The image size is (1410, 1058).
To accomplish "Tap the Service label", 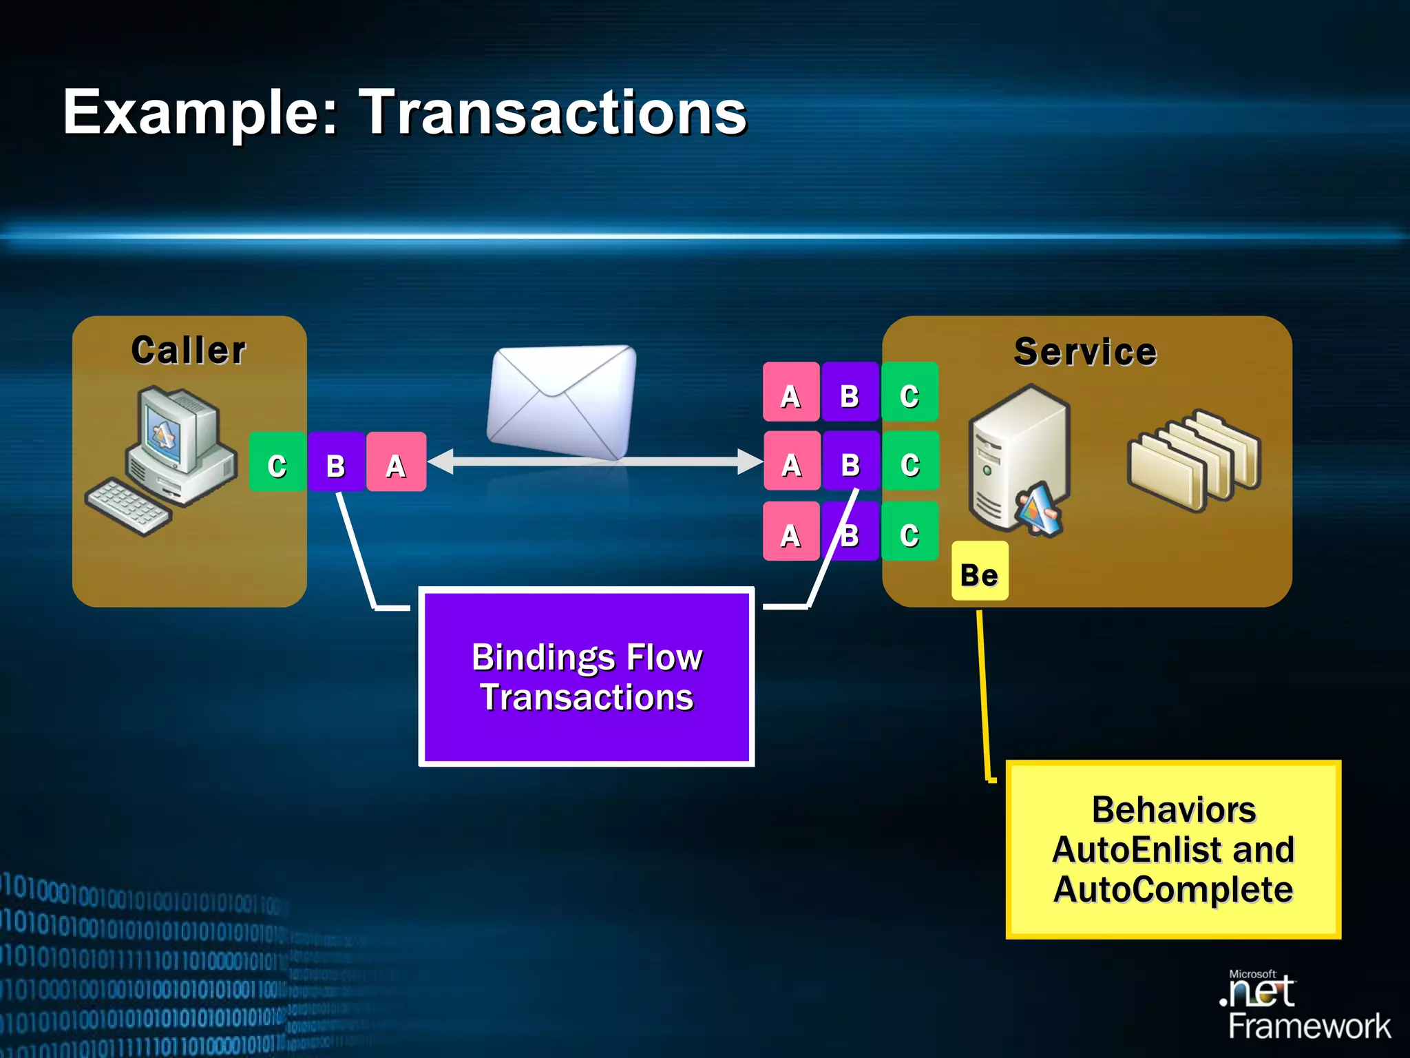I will [1085, 352].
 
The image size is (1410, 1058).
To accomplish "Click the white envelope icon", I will [561, 402].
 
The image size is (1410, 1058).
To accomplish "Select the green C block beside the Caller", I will [277, 462].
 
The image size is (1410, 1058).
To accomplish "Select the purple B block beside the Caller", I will [336, 462].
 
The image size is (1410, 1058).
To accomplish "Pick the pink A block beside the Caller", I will [396, 462].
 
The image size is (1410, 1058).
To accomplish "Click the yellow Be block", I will [979, 571].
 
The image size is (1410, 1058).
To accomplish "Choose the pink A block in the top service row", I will [791, 392].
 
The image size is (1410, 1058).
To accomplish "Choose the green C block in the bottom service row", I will [909, 531].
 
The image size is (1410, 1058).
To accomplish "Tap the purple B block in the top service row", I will [850, 392].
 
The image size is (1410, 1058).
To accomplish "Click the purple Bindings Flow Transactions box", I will [587, 676].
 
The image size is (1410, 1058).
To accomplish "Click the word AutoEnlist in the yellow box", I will [1126, 849].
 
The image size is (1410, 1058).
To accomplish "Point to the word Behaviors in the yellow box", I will [1173, 809].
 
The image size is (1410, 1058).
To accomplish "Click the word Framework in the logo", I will [1309, 1026].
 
